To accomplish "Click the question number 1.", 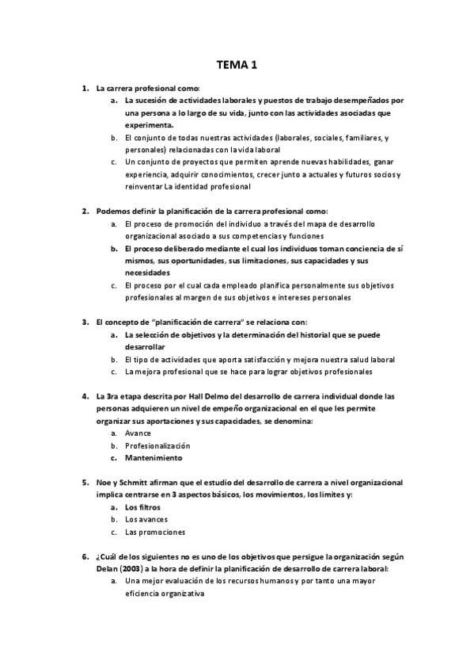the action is [x=85, y=88].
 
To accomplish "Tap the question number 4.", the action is [x=85, y=395].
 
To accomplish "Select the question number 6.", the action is [x=85, y=557].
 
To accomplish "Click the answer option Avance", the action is [x=138, y=433].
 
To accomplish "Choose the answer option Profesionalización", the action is [x=157, y=445].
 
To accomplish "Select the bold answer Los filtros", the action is [x=142, y=507].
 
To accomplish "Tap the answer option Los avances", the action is [x=146, y=520].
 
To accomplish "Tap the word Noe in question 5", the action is [x=104, y=483].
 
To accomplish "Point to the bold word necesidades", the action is [x=149, y=273].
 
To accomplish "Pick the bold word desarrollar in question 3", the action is [x=145, y=347].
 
